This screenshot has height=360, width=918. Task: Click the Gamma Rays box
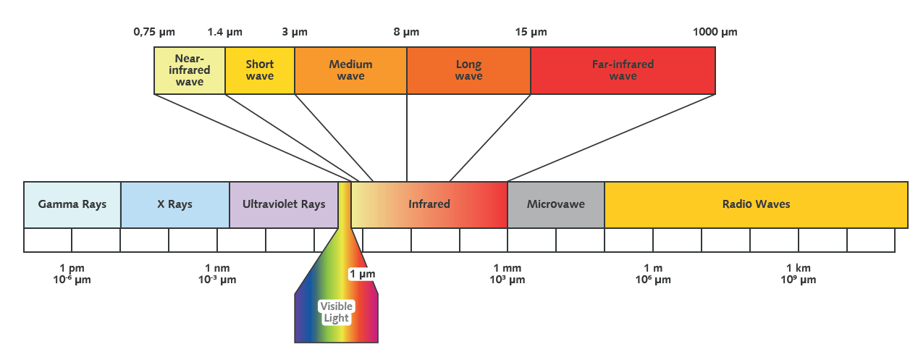click(72, 204)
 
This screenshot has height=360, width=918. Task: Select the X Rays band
click(174, 204)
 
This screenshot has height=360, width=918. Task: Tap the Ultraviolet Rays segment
click(283, 204)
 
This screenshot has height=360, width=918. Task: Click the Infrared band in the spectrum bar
click(429, 204)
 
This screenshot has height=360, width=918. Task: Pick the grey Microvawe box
click(555, 204)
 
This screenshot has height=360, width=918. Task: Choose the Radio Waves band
click(756, 204)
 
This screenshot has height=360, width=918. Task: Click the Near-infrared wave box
click(190, 70)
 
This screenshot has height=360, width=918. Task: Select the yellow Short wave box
click(260, 70)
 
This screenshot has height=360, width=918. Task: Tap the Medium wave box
click(350, 70)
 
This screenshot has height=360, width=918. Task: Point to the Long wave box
click(468, 70)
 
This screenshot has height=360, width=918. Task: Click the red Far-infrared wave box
click(623, 70)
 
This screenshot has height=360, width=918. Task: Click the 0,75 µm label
click(154, 32)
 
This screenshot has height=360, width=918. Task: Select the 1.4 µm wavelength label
click(224, 32)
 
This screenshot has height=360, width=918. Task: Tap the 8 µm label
click(406, 32)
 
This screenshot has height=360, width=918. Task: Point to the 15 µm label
click(531, 32)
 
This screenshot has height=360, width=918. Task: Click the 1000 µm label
click(715, 32)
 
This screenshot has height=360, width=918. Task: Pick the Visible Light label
click(335, 312)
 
